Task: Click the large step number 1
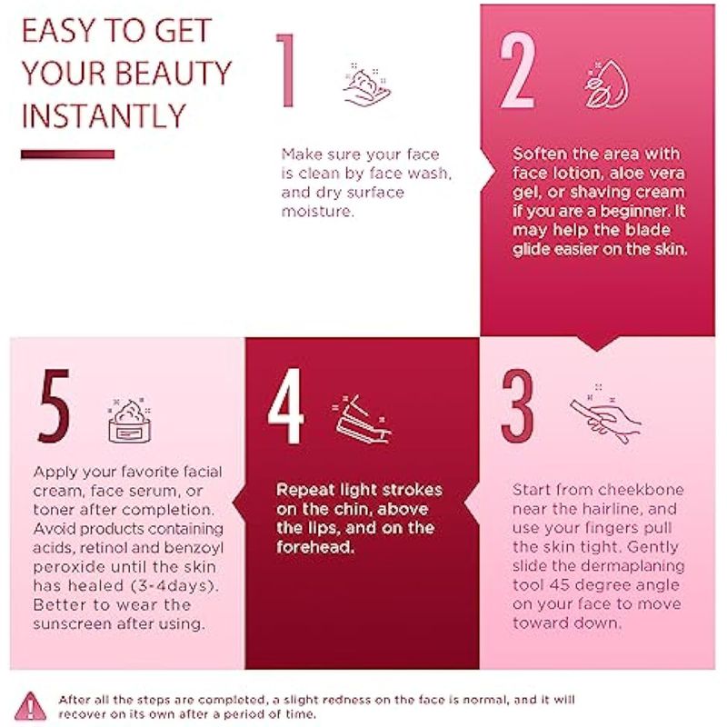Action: (x=286, y=71)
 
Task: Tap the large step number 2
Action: (x=518, y=71)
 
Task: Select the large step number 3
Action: (x=517, y=406)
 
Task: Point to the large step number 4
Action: (x=285, y=406)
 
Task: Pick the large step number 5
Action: (x=55, y=405)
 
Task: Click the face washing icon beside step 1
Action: (x=367, y=85)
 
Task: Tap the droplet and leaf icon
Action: (x=606, y=85)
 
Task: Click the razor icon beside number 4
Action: (x=362, y=419)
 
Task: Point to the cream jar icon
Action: (x=129, y=420)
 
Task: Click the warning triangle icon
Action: (x=30, y=706)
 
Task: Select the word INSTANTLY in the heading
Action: (x=104, y=116)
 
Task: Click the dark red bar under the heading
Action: (x=67, y=154)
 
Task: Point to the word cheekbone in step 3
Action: (x=641, y=490)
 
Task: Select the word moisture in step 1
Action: (x=317, y=212)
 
